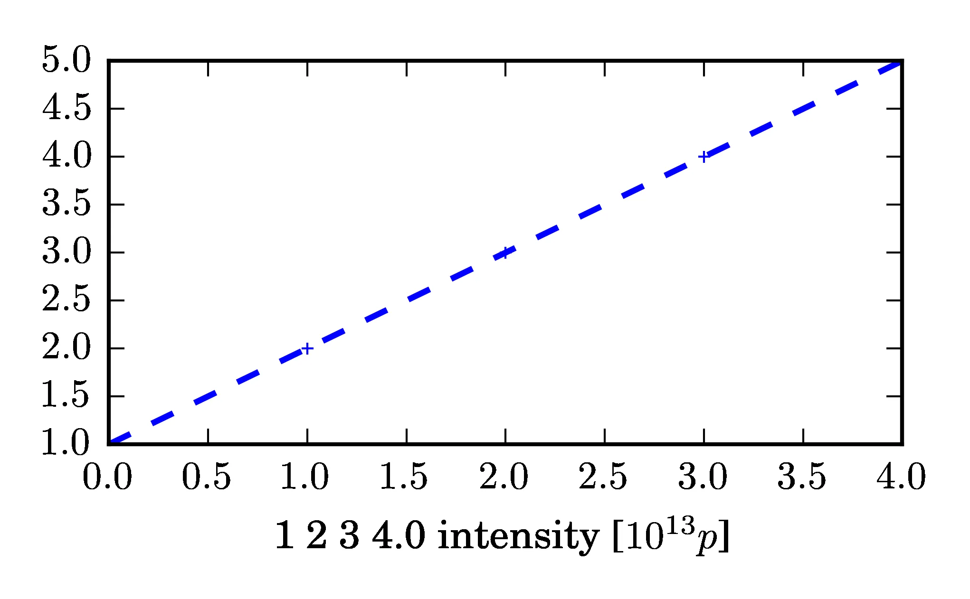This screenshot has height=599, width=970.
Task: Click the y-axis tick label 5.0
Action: point(66,60)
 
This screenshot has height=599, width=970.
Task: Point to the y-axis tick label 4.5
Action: point(66,108)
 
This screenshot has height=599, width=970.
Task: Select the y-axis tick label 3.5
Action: point(66,204)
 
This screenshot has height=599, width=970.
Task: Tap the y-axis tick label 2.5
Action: point(66,300)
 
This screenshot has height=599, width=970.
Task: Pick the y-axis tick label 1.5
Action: point(66,396)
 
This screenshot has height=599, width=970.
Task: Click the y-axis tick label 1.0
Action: point(66,443)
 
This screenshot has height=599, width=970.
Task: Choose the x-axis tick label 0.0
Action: point(107,477)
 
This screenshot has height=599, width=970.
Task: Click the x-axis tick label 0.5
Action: point(207,477)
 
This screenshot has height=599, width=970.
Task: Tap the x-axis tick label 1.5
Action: point(405,477)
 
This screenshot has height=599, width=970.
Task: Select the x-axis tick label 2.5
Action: point(603,477)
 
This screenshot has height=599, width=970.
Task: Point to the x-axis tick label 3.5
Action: point(802,477)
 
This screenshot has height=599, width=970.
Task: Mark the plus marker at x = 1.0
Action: point(307,348)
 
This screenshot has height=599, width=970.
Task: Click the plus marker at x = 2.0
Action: point(505,253)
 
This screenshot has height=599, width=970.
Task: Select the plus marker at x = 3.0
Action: point(704,157)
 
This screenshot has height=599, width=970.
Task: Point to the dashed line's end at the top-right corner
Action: point(900,62)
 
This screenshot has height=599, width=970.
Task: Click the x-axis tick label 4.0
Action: point(901,477)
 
